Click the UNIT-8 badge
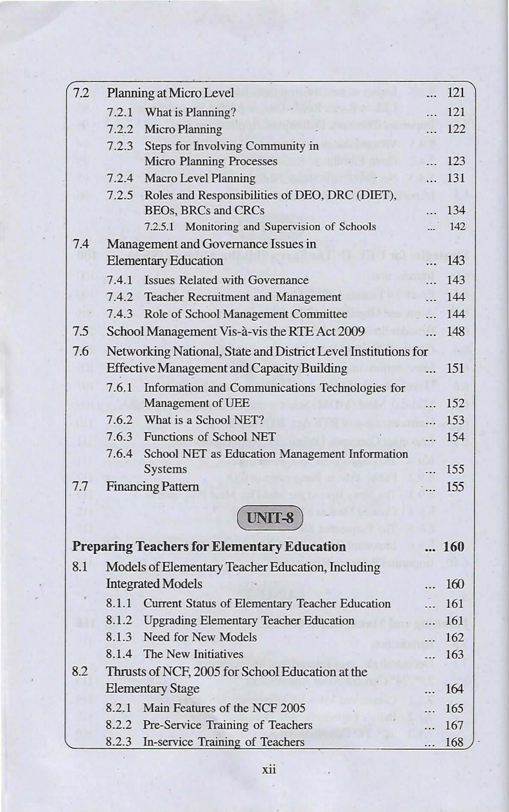click(269, 518)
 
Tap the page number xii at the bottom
click(269, 769)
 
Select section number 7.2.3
click(120, 146)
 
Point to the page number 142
click(457, 227)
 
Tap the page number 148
click(456, 331)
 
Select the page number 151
click(456, 368)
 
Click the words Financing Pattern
click(152, 487)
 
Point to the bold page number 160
click(454, 547)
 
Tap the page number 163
click(455, 654)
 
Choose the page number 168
click(455, 742)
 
